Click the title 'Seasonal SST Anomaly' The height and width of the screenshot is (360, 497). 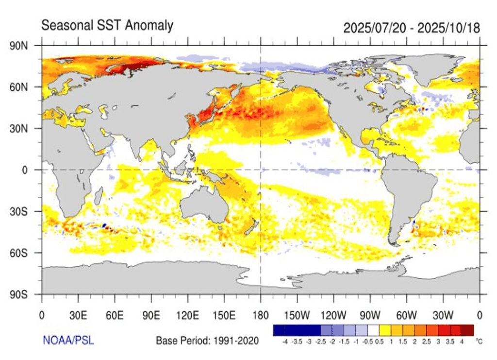click(x=107, y=25)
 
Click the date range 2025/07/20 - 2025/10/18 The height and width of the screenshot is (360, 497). click(x=412, y=28)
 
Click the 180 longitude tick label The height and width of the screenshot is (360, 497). click(x=261, y=314)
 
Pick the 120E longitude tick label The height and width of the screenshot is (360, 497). click(x=187, y=314)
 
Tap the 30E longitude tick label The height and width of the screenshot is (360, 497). click(x=78, y=314)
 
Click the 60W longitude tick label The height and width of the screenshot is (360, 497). click(x=407, y=314)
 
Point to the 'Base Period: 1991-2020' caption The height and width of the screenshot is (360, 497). click(x=207, y=341)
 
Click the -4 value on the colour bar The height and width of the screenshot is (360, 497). click(x=285, y=342)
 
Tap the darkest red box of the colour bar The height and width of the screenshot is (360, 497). click(x=467, y=331)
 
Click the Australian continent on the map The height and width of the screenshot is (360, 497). click(x=204, y=206)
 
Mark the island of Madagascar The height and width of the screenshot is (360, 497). click(x=98, y=196)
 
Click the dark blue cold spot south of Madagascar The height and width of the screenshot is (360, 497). click(x=104, y=225)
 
